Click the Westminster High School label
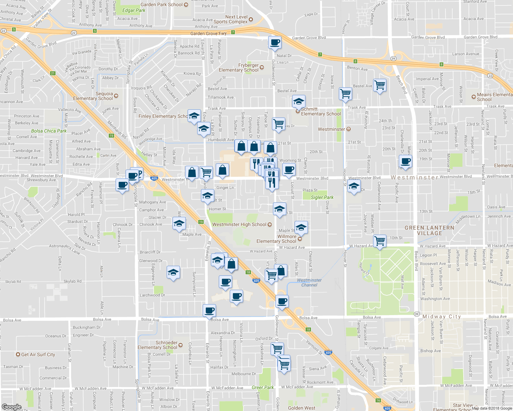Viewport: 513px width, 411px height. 239,224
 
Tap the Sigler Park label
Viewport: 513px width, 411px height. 322,197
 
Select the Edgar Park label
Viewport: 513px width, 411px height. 134,10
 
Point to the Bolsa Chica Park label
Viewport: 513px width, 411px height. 49,131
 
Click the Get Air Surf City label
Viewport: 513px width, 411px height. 38,354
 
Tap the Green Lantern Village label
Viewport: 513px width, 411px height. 429,230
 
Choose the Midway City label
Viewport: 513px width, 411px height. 442,316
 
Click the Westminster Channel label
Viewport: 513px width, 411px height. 309,283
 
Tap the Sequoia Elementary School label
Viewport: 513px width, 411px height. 93,96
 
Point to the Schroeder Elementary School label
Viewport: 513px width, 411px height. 157,345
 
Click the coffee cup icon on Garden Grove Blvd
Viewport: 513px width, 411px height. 275,42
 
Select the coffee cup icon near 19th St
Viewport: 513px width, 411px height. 405,161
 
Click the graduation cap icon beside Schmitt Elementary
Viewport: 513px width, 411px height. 299,101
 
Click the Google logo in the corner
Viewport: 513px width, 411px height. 11,407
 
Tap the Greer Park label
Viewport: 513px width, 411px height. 263,387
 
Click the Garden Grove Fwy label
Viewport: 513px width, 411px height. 208,34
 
